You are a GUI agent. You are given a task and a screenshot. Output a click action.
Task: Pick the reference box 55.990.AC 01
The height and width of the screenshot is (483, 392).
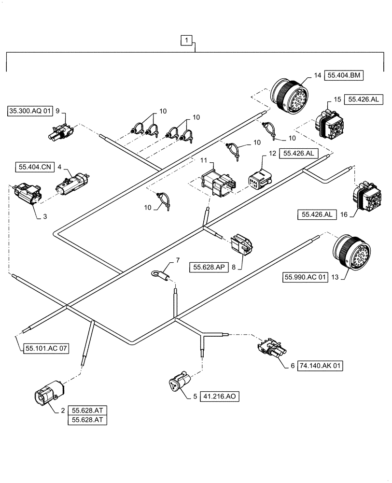point(306,278)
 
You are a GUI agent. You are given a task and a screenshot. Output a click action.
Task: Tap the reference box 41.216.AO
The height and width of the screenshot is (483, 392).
point(219,397)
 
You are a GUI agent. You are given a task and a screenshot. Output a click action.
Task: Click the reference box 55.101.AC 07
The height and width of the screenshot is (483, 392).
point(45,347)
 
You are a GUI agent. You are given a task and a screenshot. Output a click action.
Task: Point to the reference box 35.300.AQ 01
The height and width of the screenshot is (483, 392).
point(29,112)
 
